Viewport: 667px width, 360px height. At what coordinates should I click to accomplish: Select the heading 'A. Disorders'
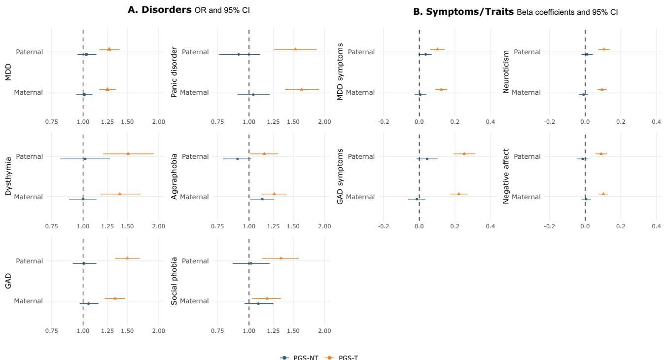click(x=160, y=9)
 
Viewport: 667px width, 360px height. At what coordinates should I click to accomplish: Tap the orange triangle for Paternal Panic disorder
click(x=295, y=49)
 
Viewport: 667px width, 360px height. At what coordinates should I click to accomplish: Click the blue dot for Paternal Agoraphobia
click(x=238, y=159)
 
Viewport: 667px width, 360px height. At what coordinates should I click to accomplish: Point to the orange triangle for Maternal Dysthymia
click(x=120, y=194)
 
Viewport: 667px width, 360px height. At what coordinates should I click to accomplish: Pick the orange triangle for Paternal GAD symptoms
click(x=464, y=153)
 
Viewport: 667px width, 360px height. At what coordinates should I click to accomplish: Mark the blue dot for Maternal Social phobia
click(x=258, y=303)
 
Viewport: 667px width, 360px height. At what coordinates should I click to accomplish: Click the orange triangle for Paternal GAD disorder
click(x=127, y=258)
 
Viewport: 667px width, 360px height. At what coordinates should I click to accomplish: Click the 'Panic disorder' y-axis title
click(x=174, y=72)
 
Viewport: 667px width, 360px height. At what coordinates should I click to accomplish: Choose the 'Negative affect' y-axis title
click(x=506, y=176)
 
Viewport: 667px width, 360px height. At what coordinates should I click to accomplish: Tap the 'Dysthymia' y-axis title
click(x=8, y=176)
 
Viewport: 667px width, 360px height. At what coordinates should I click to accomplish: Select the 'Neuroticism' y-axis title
click(x=506, y=72)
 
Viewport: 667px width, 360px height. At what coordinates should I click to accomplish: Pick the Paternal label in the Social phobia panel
click(x=196, y=261)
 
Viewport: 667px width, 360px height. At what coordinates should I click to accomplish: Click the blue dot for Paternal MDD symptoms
click(x=425, y=54)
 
